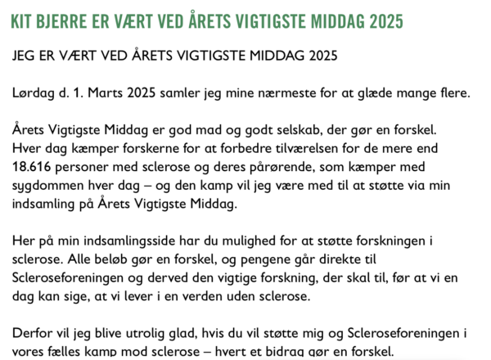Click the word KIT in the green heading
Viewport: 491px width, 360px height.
pyautogui.click(x=22, y=20)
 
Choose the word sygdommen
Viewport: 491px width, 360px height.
pyautogui.click(x=53, y=186)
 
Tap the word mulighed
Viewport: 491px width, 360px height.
pyautogui.click(x=226, y=242)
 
